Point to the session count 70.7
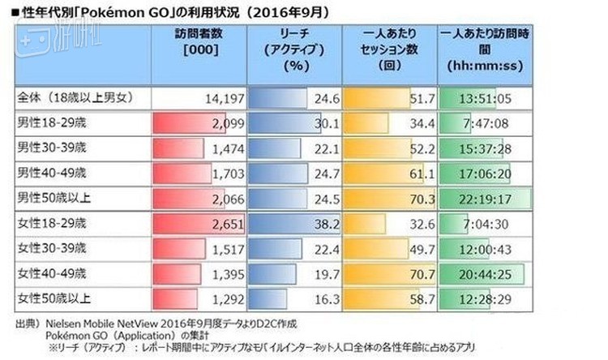point(421,276)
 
